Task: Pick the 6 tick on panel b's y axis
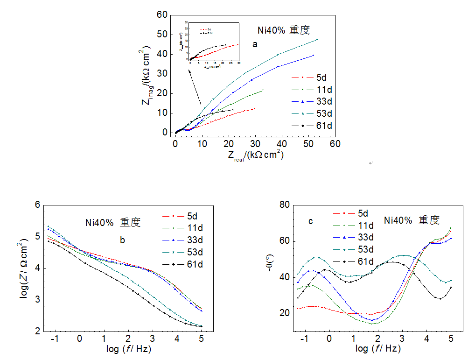pos(38,205)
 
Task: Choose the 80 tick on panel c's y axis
pos(285,205)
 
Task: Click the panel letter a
pos(255,45)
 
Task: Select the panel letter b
pos(122,241)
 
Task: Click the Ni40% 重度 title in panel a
pos(284,30)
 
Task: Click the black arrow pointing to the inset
pos(195,87)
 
